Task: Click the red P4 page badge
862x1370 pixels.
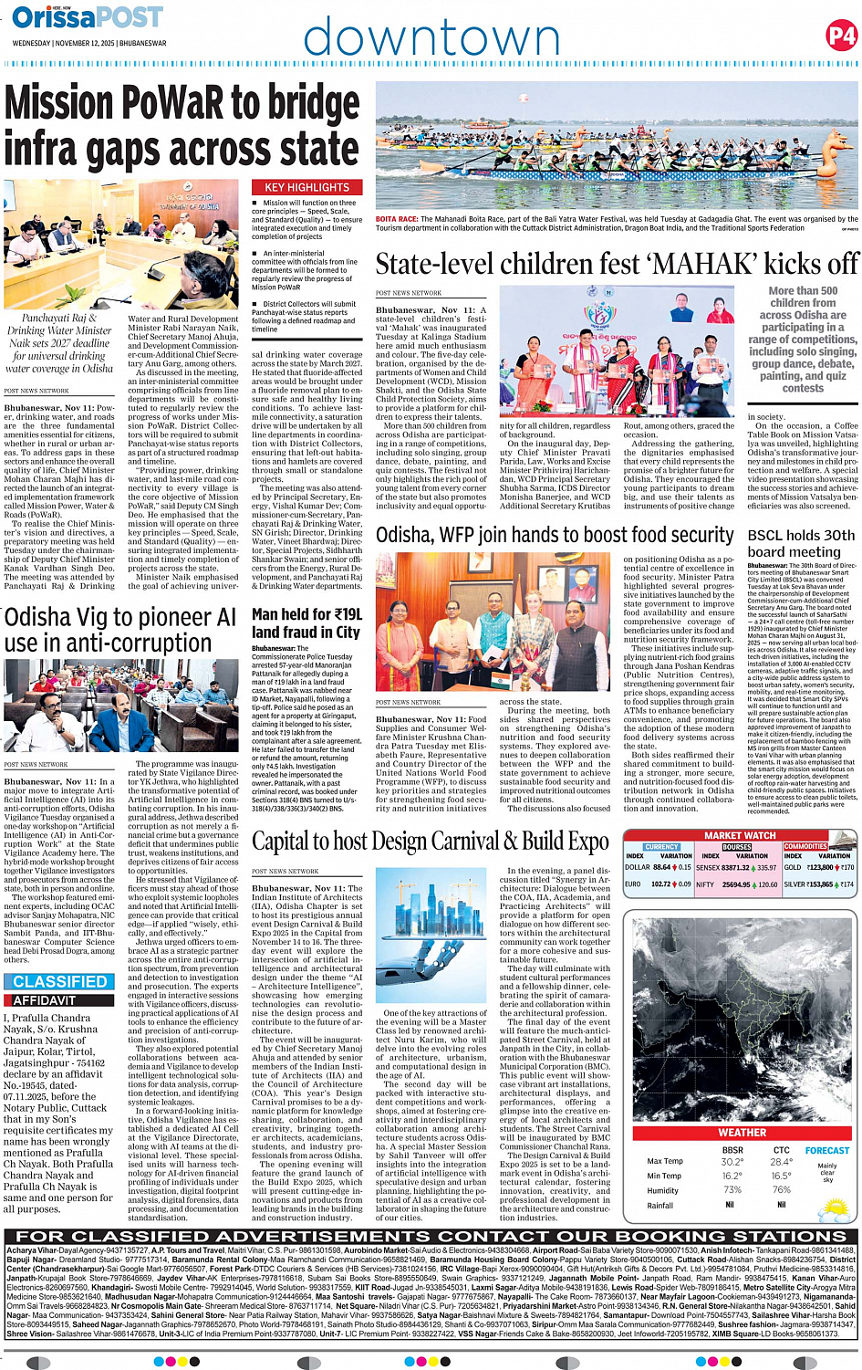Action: (x=840, y=36)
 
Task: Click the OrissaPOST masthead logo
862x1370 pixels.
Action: (x=88, y=17)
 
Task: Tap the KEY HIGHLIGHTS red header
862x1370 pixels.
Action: (x=306, y=187)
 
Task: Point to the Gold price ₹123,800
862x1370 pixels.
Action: (x=820, y=867)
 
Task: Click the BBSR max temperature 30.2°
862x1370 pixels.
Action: (x=732, y=1162)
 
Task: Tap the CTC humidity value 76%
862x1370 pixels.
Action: (x=781, y=1189)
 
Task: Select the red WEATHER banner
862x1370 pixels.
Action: (x=742, y=1133)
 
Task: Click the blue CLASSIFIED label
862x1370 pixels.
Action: (x=60, y=982)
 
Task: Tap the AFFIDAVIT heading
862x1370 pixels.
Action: (x=45, y=1000)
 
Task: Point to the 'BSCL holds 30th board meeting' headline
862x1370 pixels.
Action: (x=801, y=543)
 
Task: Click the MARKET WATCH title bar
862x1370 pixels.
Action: (x=740, y=835)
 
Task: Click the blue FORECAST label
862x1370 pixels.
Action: (x=826, y=1150)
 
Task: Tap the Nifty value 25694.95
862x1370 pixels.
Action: (x=736, y=884)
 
